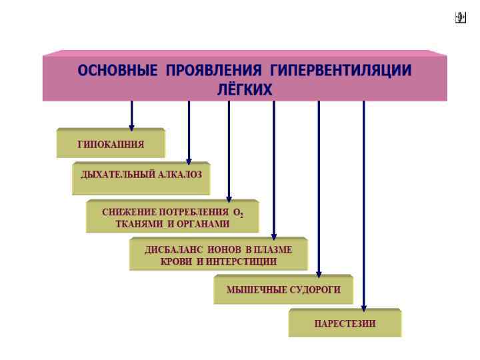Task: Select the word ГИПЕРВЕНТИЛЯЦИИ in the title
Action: [341, 71]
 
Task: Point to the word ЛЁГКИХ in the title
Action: [245, 89]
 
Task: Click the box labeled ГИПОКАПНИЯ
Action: [111, 144]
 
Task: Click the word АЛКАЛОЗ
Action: [181, 175]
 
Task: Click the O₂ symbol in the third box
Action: [238, 213]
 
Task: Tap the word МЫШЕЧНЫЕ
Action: [256, 289]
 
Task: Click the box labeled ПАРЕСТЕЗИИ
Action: [345, 324]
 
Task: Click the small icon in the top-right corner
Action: [460, 19]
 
